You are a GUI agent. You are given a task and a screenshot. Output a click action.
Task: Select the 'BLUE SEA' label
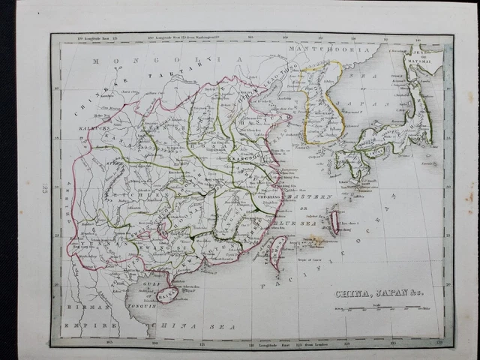289,222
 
